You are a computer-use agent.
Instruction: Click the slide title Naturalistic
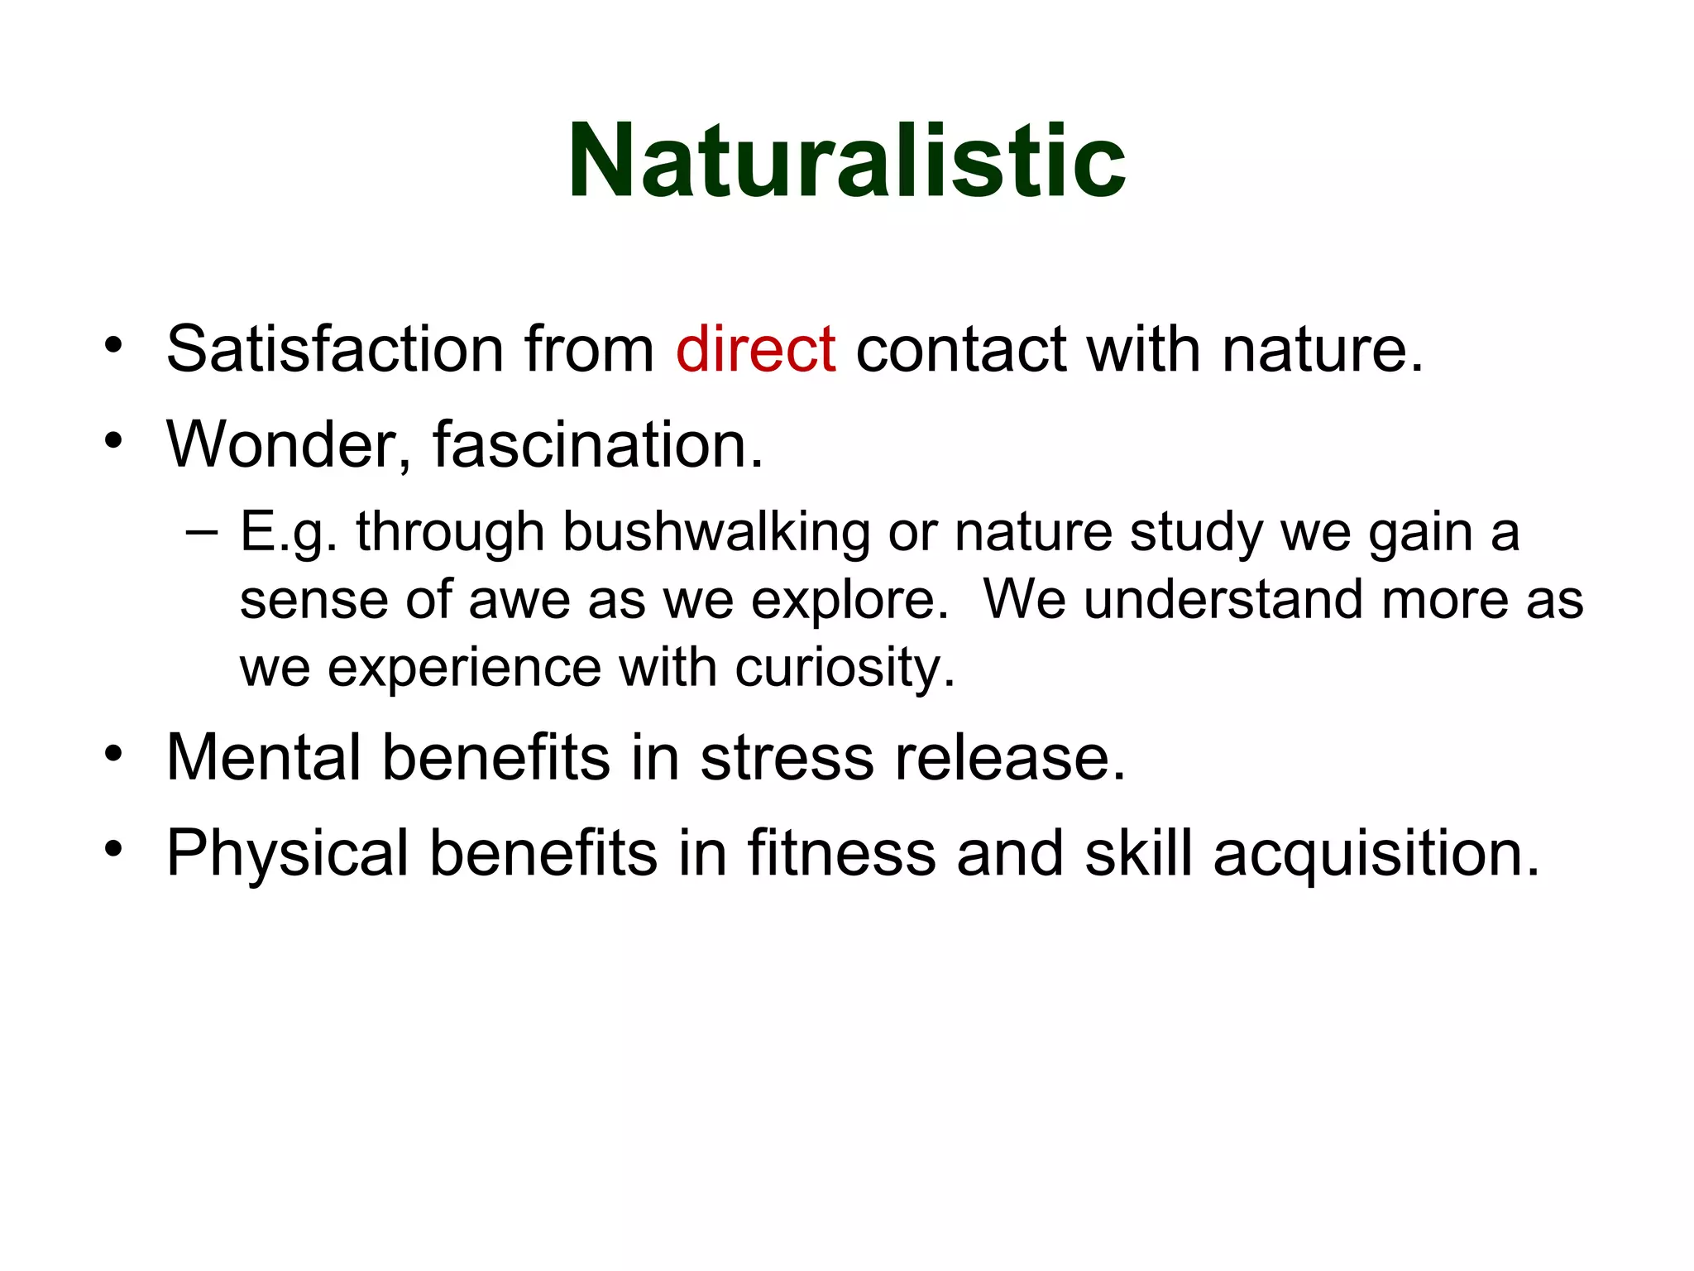point(846,161)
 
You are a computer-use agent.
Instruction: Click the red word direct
point(755,348)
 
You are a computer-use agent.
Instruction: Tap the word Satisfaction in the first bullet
point(335,348)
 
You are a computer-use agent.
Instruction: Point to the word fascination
point(597,445)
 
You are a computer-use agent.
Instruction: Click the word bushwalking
point(716,531)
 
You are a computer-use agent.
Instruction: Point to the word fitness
point(842,852)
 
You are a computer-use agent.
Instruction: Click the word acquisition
point(1376,852)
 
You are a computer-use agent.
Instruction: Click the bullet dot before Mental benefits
point(113,754)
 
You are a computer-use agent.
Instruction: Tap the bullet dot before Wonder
point(113,441)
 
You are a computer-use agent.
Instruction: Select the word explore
point(849,601)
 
